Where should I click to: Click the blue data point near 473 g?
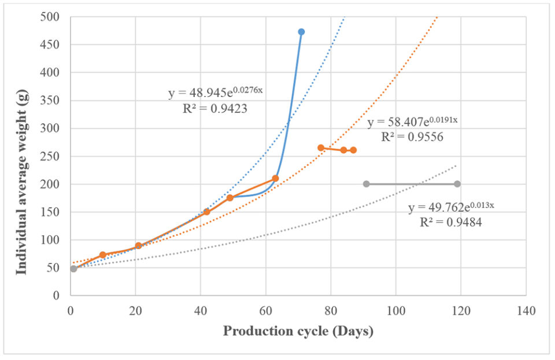[301, 32]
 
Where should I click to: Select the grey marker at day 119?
[457, 184]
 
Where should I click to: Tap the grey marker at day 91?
[366, 184]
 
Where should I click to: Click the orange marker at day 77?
[321, 148]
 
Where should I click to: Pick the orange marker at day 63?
[275, 178]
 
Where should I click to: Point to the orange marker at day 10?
[103, 255]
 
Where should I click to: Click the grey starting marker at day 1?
[73, 269]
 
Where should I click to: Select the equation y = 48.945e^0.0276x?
[216, 92]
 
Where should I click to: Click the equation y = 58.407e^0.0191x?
[413, 123]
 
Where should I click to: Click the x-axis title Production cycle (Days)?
[298, 332]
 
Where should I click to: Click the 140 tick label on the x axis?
[526, 311]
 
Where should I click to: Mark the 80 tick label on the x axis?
[330, 311]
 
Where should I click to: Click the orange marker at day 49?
[230, 198]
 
